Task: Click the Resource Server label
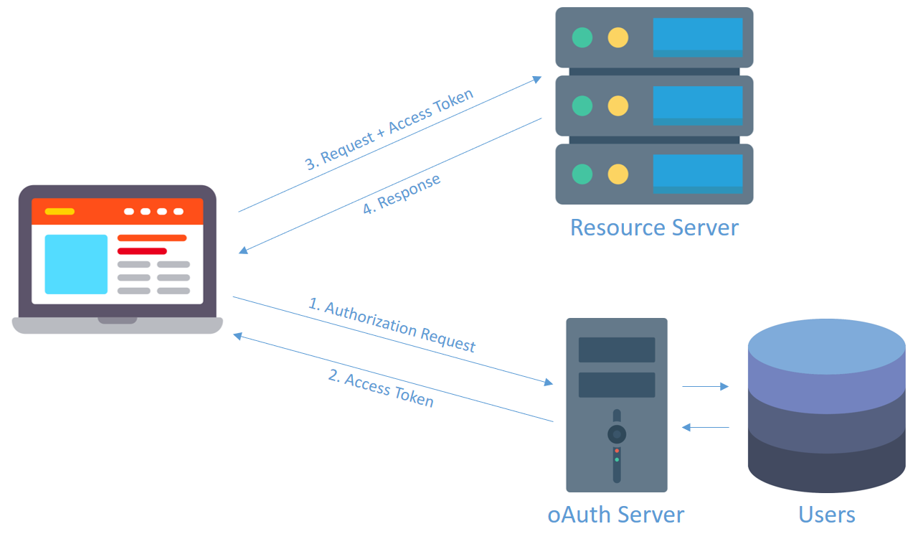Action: click(654, 228)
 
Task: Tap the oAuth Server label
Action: click(616, 515)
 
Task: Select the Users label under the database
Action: click(827, 515)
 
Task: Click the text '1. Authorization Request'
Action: click(392, 325)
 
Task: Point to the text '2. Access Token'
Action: click(381, 388)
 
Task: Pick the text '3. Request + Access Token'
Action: click(389, 129)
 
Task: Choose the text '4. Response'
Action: click(402, 194)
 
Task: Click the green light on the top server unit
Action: click(582, 38)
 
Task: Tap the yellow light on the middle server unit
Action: click(618, 106)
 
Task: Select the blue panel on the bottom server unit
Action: click(698, 174)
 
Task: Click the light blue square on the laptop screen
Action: click(76, 264)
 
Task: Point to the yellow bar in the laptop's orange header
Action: click(60, 211)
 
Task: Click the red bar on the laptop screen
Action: click(142, 251)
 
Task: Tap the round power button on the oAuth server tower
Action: click(617, 434)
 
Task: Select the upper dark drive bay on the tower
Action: click(617, 350)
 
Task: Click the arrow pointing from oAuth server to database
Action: click(705, 386)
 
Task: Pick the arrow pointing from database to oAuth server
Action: click(705, 427)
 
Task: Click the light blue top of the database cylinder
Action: click(827, 347)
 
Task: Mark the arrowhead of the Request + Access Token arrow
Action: click(537, 79)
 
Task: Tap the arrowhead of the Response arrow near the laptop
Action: click(243, 250)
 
